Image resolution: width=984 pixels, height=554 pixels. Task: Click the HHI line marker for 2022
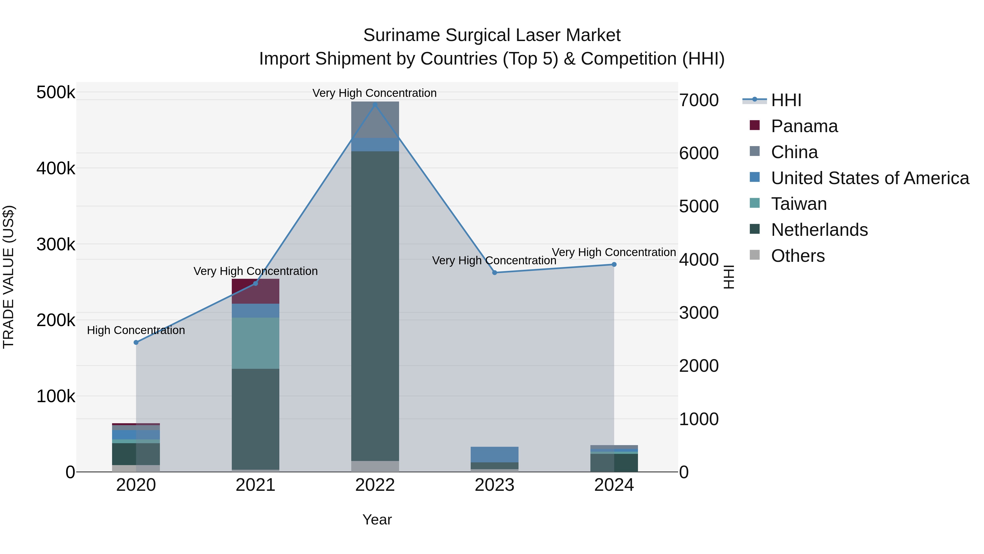click(375, 105)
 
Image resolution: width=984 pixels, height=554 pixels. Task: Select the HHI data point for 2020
click(136, 342)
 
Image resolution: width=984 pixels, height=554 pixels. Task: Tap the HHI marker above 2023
click(494, 272)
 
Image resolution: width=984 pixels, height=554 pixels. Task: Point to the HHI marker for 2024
click(614, 265)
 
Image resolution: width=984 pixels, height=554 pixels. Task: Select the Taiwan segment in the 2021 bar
click(255, 343)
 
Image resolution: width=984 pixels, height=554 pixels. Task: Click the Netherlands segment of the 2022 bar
click(375, 306)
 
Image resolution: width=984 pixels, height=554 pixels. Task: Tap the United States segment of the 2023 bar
click(494, 454)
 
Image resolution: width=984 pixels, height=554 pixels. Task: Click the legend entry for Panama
click(804, 126)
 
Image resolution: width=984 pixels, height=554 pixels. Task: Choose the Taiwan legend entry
click(798, 204)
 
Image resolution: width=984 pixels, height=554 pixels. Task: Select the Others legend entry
click(798, 256)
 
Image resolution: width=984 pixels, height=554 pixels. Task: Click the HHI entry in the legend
click(786, 100)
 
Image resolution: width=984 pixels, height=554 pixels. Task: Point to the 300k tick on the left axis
click(56, 244)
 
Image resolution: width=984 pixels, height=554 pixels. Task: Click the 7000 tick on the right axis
click(699, 100)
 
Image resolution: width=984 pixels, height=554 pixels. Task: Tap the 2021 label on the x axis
click(255, 485)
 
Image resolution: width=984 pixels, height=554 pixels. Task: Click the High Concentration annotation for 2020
click(136, 330)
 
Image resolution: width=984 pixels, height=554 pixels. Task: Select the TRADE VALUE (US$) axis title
click(8, 277)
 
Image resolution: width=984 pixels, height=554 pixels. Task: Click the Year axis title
click(377, 520)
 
